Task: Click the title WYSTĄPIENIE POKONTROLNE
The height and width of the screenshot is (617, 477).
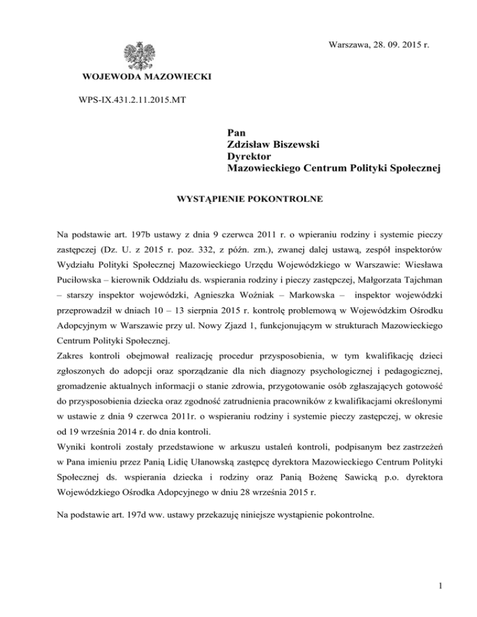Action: pos(238,202)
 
